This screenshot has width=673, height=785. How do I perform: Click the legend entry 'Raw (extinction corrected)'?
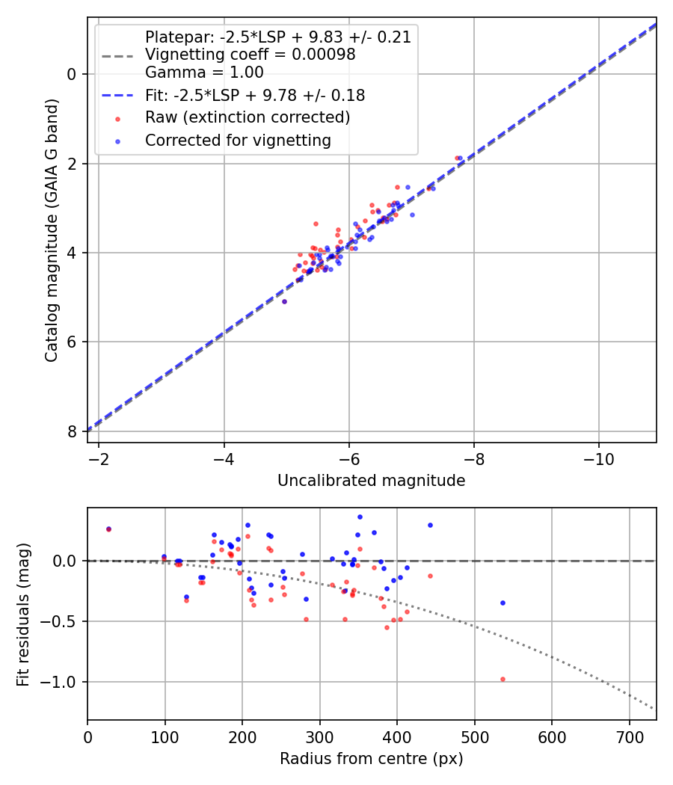[248, 117]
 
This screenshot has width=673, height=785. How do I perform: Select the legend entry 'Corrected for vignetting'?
[238, 140]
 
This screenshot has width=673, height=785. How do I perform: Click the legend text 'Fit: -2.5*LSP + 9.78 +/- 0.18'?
[255, 96]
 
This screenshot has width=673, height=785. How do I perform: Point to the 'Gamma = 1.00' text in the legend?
[204, 73]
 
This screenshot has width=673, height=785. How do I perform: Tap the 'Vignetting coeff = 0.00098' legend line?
[250, 55]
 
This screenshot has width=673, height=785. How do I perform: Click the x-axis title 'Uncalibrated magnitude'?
[371, 481]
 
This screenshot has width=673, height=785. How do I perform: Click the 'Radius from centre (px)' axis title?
[371, 759]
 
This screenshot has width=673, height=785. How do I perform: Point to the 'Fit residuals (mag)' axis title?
[23, 614]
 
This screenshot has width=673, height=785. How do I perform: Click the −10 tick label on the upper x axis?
[598, 458]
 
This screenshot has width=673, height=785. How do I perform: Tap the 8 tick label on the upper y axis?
[72, 432]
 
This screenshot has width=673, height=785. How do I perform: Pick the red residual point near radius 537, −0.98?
[503, 679]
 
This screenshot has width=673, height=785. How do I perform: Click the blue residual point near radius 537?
[503, 603]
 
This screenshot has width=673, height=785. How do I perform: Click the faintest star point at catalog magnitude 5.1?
[284, 301]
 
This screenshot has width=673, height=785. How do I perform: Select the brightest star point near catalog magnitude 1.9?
[458, 158]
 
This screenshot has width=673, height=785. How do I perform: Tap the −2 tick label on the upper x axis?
[99, 458]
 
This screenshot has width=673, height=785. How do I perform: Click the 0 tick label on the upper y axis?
[72, 74]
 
